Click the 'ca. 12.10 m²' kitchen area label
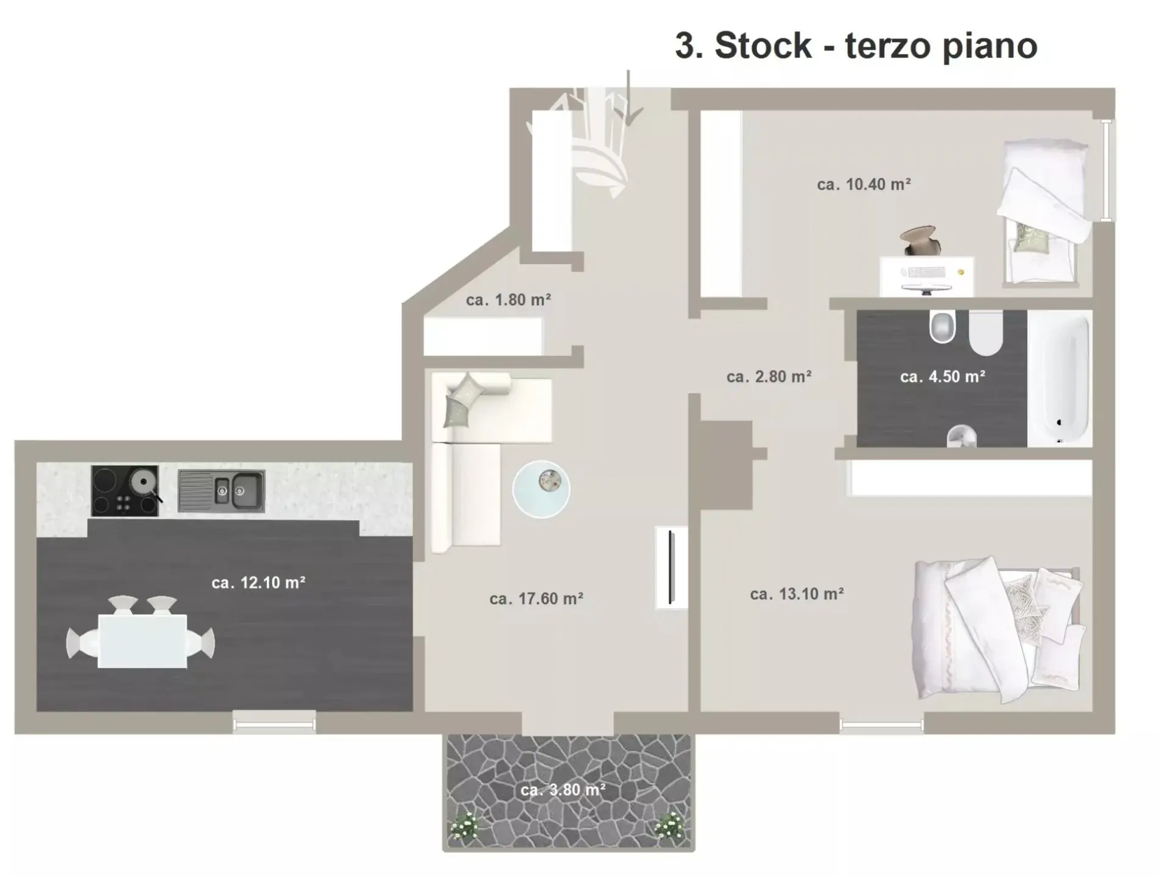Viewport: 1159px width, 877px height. click(x=258, y=583)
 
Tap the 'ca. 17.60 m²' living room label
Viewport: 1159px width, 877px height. click(x=537, y=599)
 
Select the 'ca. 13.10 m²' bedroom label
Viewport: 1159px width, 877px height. click(x=797, y=594)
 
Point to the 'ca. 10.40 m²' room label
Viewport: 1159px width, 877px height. click(x=864, y=184)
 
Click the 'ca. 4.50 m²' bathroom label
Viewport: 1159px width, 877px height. click(x=943, y=376)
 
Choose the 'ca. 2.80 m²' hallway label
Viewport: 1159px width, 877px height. click(x=769, y=376)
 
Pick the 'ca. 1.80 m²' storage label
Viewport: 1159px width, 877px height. click(x=509, y=300)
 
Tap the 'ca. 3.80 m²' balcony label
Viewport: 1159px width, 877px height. click(x=563, y=790)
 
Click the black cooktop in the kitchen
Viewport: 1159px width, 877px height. click(x=125, y=491)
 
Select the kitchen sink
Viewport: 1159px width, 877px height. click(x=221, y=490)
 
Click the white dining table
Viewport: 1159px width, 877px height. click(x=143, y=641)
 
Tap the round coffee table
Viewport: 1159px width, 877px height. click(x=541, y=489)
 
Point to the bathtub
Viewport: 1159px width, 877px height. click(x=1060, y=378)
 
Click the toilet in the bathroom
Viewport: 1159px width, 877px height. click(x=985, y=333)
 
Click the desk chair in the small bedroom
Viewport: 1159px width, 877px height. click(x=921, y=241)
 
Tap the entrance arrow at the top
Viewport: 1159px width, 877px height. click(x=629, y=97)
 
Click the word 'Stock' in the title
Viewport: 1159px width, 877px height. click(x=763, y=45)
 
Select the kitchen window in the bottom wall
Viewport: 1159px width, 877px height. click(x=274, y=724)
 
